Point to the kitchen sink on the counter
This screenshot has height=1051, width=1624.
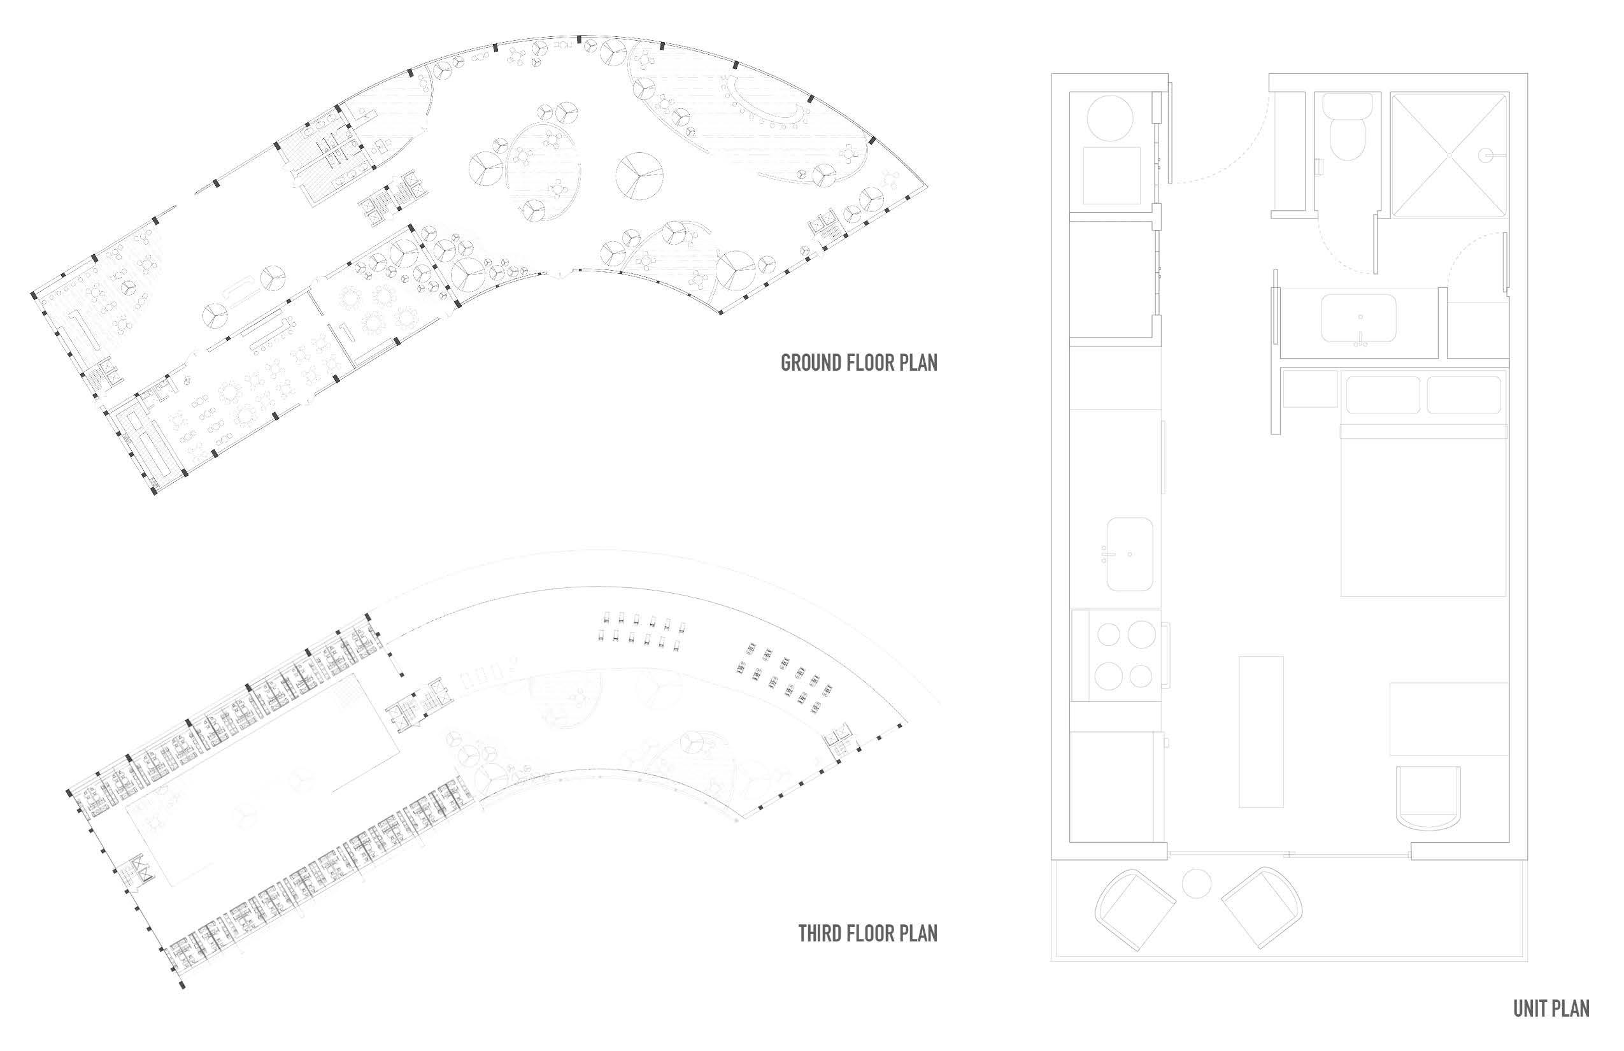(1129, 554)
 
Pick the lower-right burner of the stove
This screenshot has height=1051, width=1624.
(1140, 676)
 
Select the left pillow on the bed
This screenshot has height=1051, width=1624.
(1383, 394)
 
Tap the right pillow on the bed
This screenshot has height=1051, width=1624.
(1464, 394)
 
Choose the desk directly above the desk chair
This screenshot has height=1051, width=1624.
(1449, 718)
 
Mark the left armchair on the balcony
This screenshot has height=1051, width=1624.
(1135, 909)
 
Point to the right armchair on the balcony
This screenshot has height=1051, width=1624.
(1262, 908)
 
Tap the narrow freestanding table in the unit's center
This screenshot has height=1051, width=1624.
(1260, 732)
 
